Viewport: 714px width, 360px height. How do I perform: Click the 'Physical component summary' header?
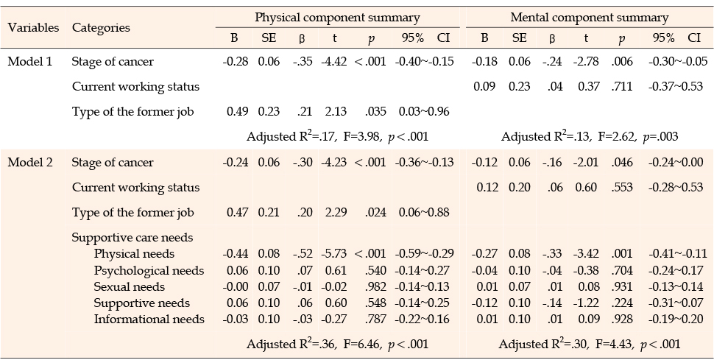[x=337, y=18]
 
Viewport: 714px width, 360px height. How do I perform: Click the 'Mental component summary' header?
[x=590, y=18]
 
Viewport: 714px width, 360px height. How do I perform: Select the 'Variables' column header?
[x=33, y=28]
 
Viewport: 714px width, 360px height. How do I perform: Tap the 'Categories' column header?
[x=101, y=28]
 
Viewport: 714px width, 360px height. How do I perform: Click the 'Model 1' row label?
[x=29, y=62]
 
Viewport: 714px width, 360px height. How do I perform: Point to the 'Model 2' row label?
[x=29, y=163]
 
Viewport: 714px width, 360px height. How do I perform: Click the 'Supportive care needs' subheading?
[x=132, y=238]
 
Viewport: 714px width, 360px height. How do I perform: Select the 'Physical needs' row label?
[x=131, y=254]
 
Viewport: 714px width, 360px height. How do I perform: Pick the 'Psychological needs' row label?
[x=142, y=270]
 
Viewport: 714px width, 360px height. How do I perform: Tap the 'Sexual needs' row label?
[x=129, y=286]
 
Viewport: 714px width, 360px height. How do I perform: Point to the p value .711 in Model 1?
[x=623, y=87]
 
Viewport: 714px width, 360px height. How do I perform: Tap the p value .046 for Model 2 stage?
[x=623, y=163]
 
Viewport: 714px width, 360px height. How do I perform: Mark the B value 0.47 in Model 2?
[x=235, y=213]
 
